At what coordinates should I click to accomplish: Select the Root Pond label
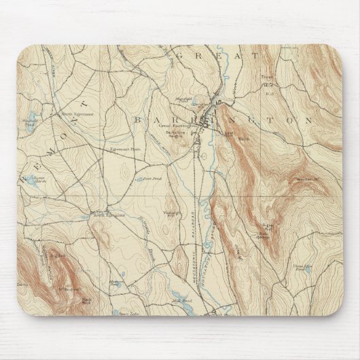pyautogui.click(x=150, y=179)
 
